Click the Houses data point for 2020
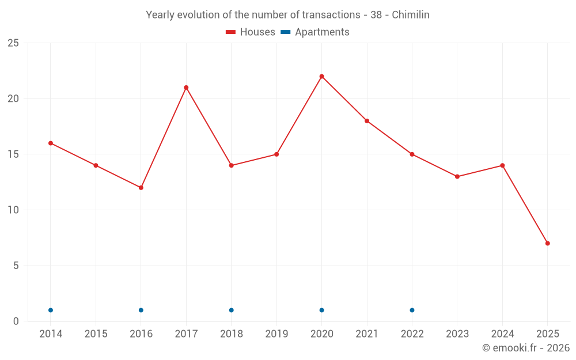(321, 76)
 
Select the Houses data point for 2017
(186, 88)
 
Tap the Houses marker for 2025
(547, 243)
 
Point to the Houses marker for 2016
(141, 188)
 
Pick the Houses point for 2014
(51, 143)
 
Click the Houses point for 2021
(367, 121)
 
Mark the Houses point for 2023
(457, 176)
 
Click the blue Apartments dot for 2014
(51, 310)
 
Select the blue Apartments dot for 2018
(232, 310)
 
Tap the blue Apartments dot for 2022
(412, 310)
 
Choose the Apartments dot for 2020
(321, 310)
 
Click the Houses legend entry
(251, 32)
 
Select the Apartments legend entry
(315, 32)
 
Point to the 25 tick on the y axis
(13, 43)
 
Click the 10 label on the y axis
(13, 210)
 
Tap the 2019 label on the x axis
(276, 334)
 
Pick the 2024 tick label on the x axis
(502, 334)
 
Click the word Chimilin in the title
(411, 15)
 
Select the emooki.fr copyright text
(526, 348)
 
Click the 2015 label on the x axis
(96, 334)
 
